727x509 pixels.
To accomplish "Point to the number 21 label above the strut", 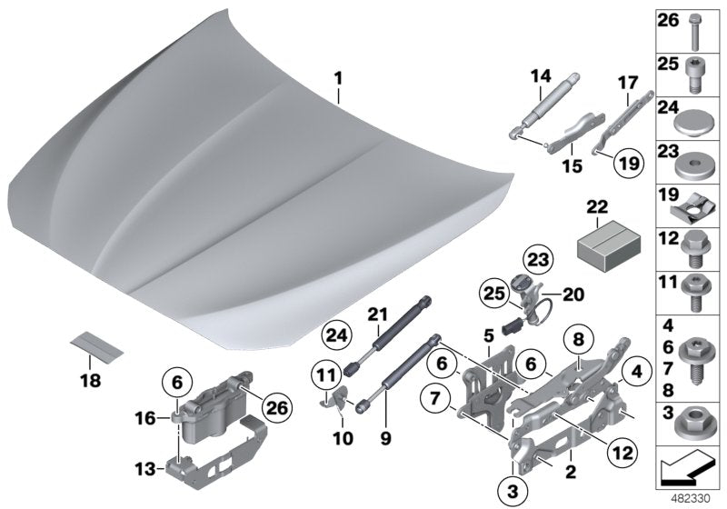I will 377,314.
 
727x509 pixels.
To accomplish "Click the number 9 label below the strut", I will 383,436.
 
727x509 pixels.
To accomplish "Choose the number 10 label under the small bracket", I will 340,436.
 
